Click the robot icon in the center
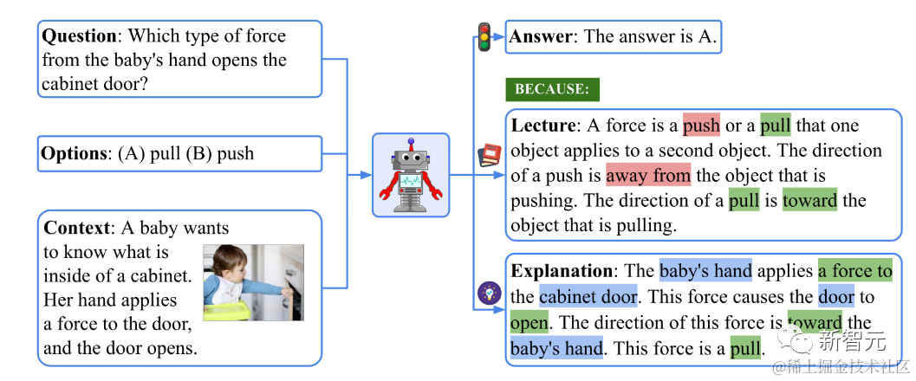click(x=411, y=174)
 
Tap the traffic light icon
click(x=484, y=37)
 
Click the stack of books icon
click(x=490, y=155)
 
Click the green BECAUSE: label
click(x=552, y=89)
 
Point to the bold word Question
click(x=80, y=36)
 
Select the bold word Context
click(x=77, y=228)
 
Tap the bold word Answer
click(x=542, y=36)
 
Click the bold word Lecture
click(x=543, y=126)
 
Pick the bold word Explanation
click(x=562, y=271)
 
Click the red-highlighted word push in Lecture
click(x=701, y=126)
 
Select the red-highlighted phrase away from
click(x=648, y=176)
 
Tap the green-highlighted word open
click(x=529, y=323)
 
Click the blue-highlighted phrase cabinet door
click(x=588, y=297)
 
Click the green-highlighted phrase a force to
click(x=854, y=271)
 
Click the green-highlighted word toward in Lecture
click(x=809, y=201)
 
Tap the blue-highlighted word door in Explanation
click(x=835, y=297)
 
